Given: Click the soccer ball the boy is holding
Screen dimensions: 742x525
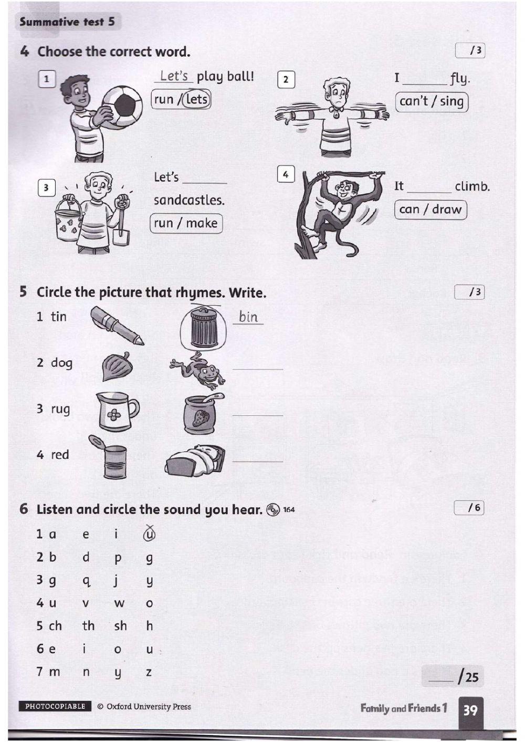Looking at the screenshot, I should (122, 105).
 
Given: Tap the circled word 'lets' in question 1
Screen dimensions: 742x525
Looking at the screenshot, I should (197, 99).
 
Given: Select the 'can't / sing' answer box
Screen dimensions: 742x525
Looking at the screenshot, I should (432, 101).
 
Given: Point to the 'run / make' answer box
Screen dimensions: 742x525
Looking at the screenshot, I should (186, 223).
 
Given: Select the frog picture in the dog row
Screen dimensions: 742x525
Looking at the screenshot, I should (199, 369).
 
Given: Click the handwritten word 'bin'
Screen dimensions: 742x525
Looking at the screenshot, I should (248, 317).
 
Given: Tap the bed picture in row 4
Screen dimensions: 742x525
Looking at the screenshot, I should (195, 461).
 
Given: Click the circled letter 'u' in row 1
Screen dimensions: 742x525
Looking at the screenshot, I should (149, 534).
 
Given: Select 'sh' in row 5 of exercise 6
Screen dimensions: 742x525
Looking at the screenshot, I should (120, 626).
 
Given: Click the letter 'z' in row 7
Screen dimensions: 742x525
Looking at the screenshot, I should (149, 672).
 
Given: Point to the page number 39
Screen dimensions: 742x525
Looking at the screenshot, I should (470, 710).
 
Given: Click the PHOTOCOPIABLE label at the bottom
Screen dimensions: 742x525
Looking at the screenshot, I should (55, 706).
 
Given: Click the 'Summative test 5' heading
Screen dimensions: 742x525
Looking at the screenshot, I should (67, 22).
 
